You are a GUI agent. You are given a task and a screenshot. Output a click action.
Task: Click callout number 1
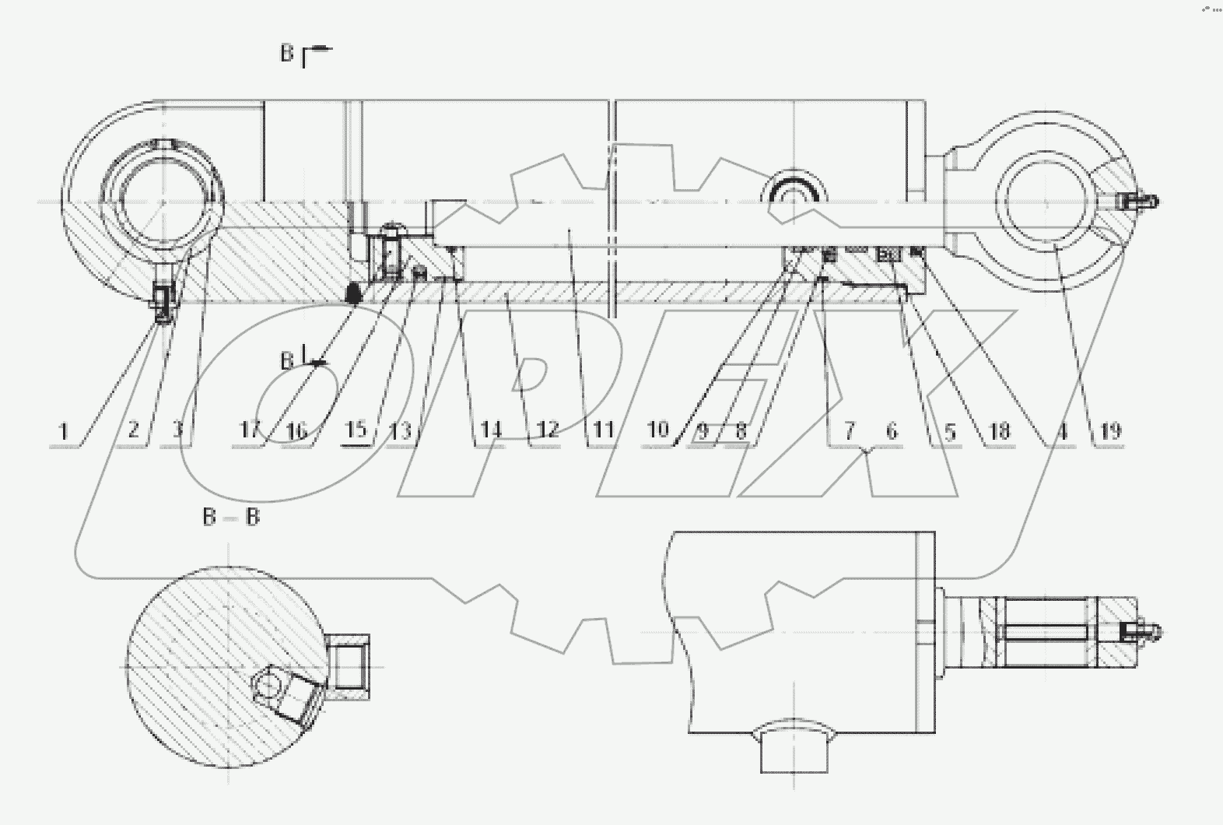coord(65,430)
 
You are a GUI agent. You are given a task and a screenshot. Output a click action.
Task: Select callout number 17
coord(250,430)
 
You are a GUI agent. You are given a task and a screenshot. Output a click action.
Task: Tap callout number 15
coord(355,430)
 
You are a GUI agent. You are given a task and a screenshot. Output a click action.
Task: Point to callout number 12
coord(547,430)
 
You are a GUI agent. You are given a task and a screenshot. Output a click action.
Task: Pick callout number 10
coord(658,430)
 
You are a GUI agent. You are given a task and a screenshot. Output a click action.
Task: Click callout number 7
coord(849,430)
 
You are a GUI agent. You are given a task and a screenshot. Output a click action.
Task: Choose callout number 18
coord(998,430)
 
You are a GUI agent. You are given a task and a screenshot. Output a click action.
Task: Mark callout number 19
coord(1111,430)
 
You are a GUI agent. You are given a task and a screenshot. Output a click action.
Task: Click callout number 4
coord(1062,430)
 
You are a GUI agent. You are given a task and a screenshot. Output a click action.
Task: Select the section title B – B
coord(230,517)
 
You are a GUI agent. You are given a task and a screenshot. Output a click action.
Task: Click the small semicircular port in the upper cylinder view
coord(794,192)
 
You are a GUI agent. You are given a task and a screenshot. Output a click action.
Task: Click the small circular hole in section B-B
coord(268,686)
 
